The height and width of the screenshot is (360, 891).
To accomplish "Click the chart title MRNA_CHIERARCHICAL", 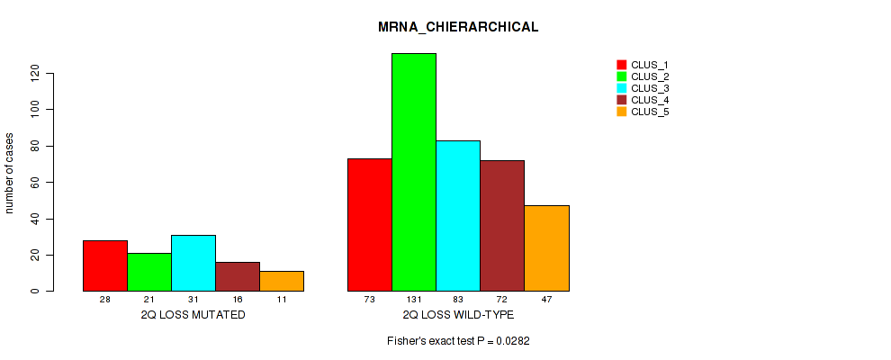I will point(458,27).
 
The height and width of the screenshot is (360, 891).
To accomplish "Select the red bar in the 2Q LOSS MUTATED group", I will point(105,265).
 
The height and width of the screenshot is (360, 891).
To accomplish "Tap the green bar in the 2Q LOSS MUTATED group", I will point(149,272).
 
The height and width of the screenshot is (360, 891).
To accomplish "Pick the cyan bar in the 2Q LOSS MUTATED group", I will point(193,263).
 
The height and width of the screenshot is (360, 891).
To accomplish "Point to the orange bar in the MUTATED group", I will point(282,281).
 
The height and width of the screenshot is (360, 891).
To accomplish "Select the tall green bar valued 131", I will point(414,172).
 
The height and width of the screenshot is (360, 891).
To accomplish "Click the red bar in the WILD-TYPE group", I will point(370,225).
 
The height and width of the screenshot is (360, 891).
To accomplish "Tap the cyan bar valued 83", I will point(458,216).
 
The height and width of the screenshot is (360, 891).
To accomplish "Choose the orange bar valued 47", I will point(546,248).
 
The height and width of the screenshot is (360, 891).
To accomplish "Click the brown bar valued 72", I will point(502,226).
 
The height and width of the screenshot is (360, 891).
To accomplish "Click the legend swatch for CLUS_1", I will point(621,65).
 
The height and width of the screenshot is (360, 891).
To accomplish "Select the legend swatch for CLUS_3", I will point(621,88).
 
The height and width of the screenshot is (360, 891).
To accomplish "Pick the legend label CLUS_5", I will point(650,112).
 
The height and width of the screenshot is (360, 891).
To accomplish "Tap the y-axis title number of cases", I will point(10,173).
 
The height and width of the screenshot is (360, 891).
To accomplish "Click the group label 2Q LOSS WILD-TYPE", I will point(458,315).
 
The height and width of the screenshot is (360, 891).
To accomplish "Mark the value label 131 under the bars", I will point(414,299).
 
